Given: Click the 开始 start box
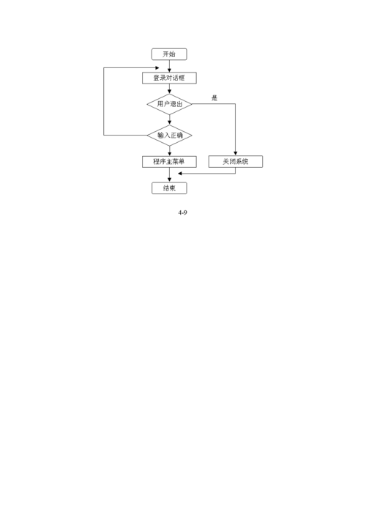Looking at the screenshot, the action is (169, 54).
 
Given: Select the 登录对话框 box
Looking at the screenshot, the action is (169, 78).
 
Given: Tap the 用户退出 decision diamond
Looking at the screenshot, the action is (169, 104).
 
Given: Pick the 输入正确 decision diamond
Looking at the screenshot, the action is (169, 135).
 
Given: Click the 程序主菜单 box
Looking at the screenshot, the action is (169, 161).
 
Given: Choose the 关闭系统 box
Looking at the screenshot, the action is (236, 161).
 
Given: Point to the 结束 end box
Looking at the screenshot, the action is (169, 188).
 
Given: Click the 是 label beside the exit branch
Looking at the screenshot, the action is (214, 97).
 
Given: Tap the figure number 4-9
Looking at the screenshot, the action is (182, 212).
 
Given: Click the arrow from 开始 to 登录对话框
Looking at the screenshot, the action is (169, 66).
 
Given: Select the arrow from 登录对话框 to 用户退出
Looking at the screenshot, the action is (169, 89).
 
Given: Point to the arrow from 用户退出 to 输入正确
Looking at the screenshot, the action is (169, 119).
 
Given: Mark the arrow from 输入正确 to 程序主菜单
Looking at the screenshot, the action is (169, 151).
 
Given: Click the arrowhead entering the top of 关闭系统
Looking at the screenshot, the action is (235, 154).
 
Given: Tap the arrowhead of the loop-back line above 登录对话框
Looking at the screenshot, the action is (157, 68).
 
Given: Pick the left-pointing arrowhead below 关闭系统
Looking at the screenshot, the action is (180, 174).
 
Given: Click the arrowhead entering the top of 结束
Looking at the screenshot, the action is (169, 180).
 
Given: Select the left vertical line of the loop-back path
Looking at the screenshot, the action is (104, 101).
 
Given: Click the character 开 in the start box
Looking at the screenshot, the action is (166, 54).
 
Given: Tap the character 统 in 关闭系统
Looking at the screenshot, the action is (245, 161).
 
